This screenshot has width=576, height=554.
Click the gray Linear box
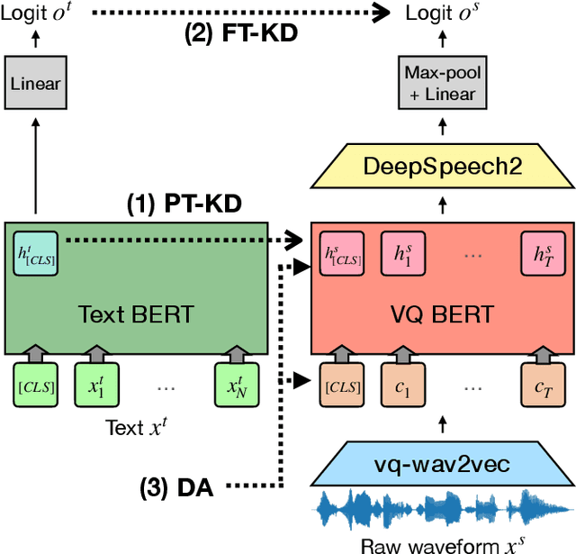[x=35, y=84]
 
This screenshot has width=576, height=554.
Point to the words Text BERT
[x=135, y=314]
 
